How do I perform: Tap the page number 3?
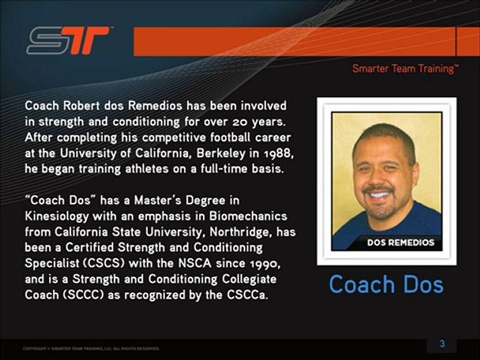(x=442, y=343)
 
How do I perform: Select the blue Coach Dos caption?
(x=386, y=284)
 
